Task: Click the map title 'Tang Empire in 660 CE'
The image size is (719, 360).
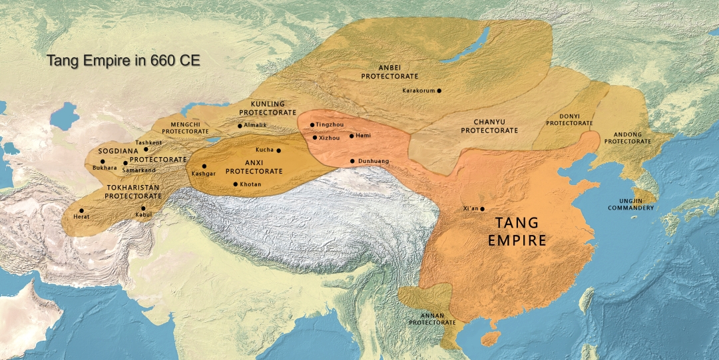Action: (123, 61)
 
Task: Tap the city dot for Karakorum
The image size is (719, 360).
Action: (439, 90)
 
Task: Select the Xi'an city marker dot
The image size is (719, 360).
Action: (483, 209)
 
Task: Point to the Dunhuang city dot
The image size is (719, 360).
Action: (352, 161)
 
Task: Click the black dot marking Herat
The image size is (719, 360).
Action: (81, 210)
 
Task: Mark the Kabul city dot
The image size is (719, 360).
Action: (143, 208)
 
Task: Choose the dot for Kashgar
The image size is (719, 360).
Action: (204, 166)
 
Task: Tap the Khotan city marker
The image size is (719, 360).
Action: (235, 184)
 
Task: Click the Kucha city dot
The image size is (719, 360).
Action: (278, 150)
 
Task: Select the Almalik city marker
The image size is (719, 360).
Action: (240, 125)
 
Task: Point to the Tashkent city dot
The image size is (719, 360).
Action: (146, 149)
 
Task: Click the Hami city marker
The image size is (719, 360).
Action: (352, 136)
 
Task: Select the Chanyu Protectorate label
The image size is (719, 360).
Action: (489, 126)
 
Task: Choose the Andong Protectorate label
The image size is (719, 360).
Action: (627, 137)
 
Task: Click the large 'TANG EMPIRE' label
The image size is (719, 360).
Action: (517, 231)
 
